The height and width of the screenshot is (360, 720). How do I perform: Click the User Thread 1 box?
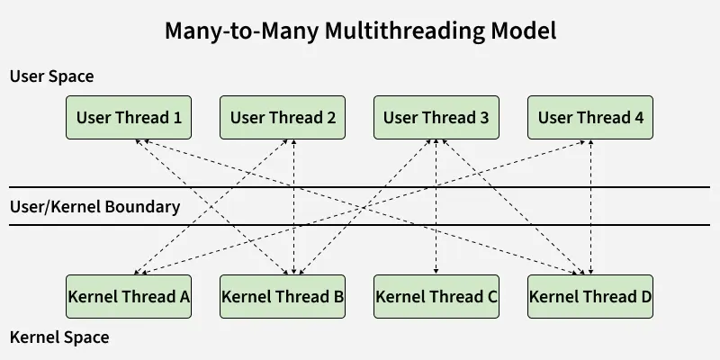point(129,117)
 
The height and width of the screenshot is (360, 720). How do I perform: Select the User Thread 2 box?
point(283,117)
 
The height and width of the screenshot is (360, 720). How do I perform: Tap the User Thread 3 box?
point(436,117)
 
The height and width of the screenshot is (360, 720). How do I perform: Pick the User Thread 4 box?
point(590,117)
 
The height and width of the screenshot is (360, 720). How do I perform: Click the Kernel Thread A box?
point(129,296)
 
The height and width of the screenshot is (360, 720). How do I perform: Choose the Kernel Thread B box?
point(283,296)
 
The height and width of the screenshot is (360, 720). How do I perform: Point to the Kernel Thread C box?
point(436,296)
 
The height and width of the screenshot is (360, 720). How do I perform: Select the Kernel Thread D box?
point(590,296)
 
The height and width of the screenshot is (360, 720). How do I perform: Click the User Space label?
point(51,77)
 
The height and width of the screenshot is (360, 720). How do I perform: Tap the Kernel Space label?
point(58,337)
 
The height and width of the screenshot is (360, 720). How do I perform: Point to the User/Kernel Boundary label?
point(94,207)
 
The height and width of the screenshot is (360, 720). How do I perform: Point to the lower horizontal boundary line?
point(360,225)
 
